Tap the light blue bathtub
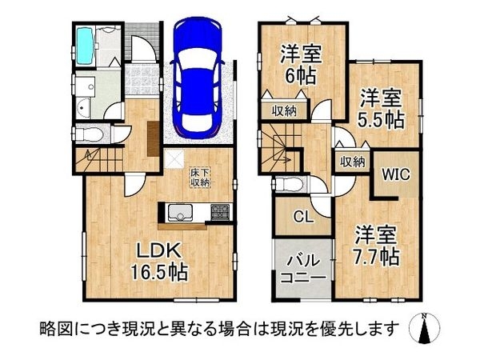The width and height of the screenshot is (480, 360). point(84,46)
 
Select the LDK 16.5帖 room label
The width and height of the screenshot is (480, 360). point(159,262)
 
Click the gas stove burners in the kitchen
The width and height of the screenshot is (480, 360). point(219,212)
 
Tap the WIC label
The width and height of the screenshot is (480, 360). point(395,174)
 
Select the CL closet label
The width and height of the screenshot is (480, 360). point(303,217)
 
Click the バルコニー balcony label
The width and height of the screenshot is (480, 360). point(302,270)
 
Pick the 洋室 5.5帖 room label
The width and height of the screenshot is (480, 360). point(381,109)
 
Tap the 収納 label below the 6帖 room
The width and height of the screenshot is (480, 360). point(284,110)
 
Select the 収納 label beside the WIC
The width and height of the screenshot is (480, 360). point(353,162)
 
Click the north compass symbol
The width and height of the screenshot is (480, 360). point(425,328)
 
